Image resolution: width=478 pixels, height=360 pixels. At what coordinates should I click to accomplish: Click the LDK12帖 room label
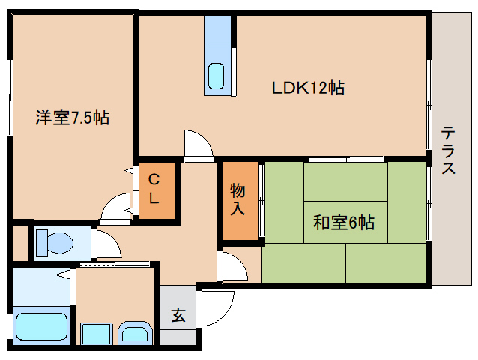click(308, 88)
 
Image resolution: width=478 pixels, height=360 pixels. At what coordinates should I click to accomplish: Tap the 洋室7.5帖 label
click(72, 118)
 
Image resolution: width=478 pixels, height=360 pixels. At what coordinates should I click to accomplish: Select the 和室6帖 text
click(344, 223)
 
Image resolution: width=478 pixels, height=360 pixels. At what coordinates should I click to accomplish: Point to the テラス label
click(448, 150)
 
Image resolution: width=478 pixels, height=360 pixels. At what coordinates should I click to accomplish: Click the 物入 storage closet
click(240, 201)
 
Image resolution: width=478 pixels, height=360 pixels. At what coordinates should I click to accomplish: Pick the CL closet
click(157, 190)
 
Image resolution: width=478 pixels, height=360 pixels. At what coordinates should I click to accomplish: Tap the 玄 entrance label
click(178, 315)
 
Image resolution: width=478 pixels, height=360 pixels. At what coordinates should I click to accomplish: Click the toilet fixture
click(55, 243)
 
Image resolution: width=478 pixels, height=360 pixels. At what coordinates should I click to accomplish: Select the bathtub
click(41, 326)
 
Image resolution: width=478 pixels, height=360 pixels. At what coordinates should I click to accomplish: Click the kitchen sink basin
click(216, 76)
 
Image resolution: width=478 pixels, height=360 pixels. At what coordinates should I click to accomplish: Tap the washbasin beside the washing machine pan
click(135, 333)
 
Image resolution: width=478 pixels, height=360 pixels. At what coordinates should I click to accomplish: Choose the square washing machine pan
click(96, 334)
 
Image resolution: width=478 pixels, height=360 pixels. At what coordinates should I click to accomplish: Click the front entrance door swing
click(216, 308)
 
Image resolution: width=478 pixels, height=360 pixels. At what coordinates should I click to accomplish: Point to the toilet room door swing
click(107, 244)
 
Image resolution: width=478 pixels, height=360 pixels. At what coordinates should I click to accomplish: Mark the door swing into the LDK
click(199, 145)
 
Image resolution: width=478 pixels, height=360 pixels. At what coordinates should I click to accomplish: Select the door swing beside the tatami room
click(233, 265)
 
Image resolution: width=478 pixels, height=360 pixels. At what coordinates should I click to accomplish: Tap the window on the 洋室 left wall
click(10, 97)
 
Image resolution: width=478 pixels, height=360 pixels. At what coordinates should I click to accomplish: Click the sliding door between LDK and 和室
click(346, 159)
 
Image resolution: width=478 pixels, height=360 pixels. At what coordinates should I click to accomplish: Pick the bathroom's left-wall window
click(10, 325)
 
